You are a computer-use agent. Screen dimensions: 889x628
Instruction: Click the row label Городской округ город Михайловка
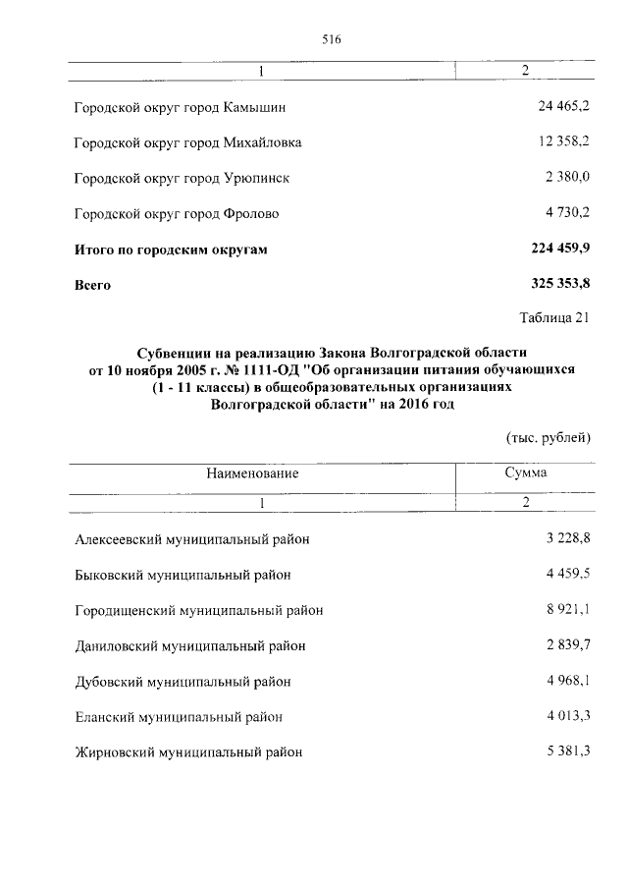(187, 142)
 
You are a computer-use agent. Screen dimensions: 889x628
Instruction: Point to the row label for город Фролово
(177, 213)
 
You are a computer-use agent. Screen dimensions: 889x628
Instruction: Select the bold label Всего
(93, 286)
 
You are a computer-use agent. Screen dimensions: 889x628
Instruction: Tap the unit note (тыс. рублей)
(549, 436)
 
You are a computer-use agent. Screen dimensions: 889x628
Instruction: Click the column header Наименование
(252, 473)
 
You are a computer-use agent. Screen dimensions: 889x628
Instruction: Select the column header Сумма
(526, 473)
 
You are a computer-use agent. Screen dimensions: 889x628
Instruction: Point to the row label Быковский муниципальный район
(183, 575)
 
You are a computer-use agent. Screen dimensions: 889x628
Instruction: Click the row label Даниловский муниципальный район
(190, 645)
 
